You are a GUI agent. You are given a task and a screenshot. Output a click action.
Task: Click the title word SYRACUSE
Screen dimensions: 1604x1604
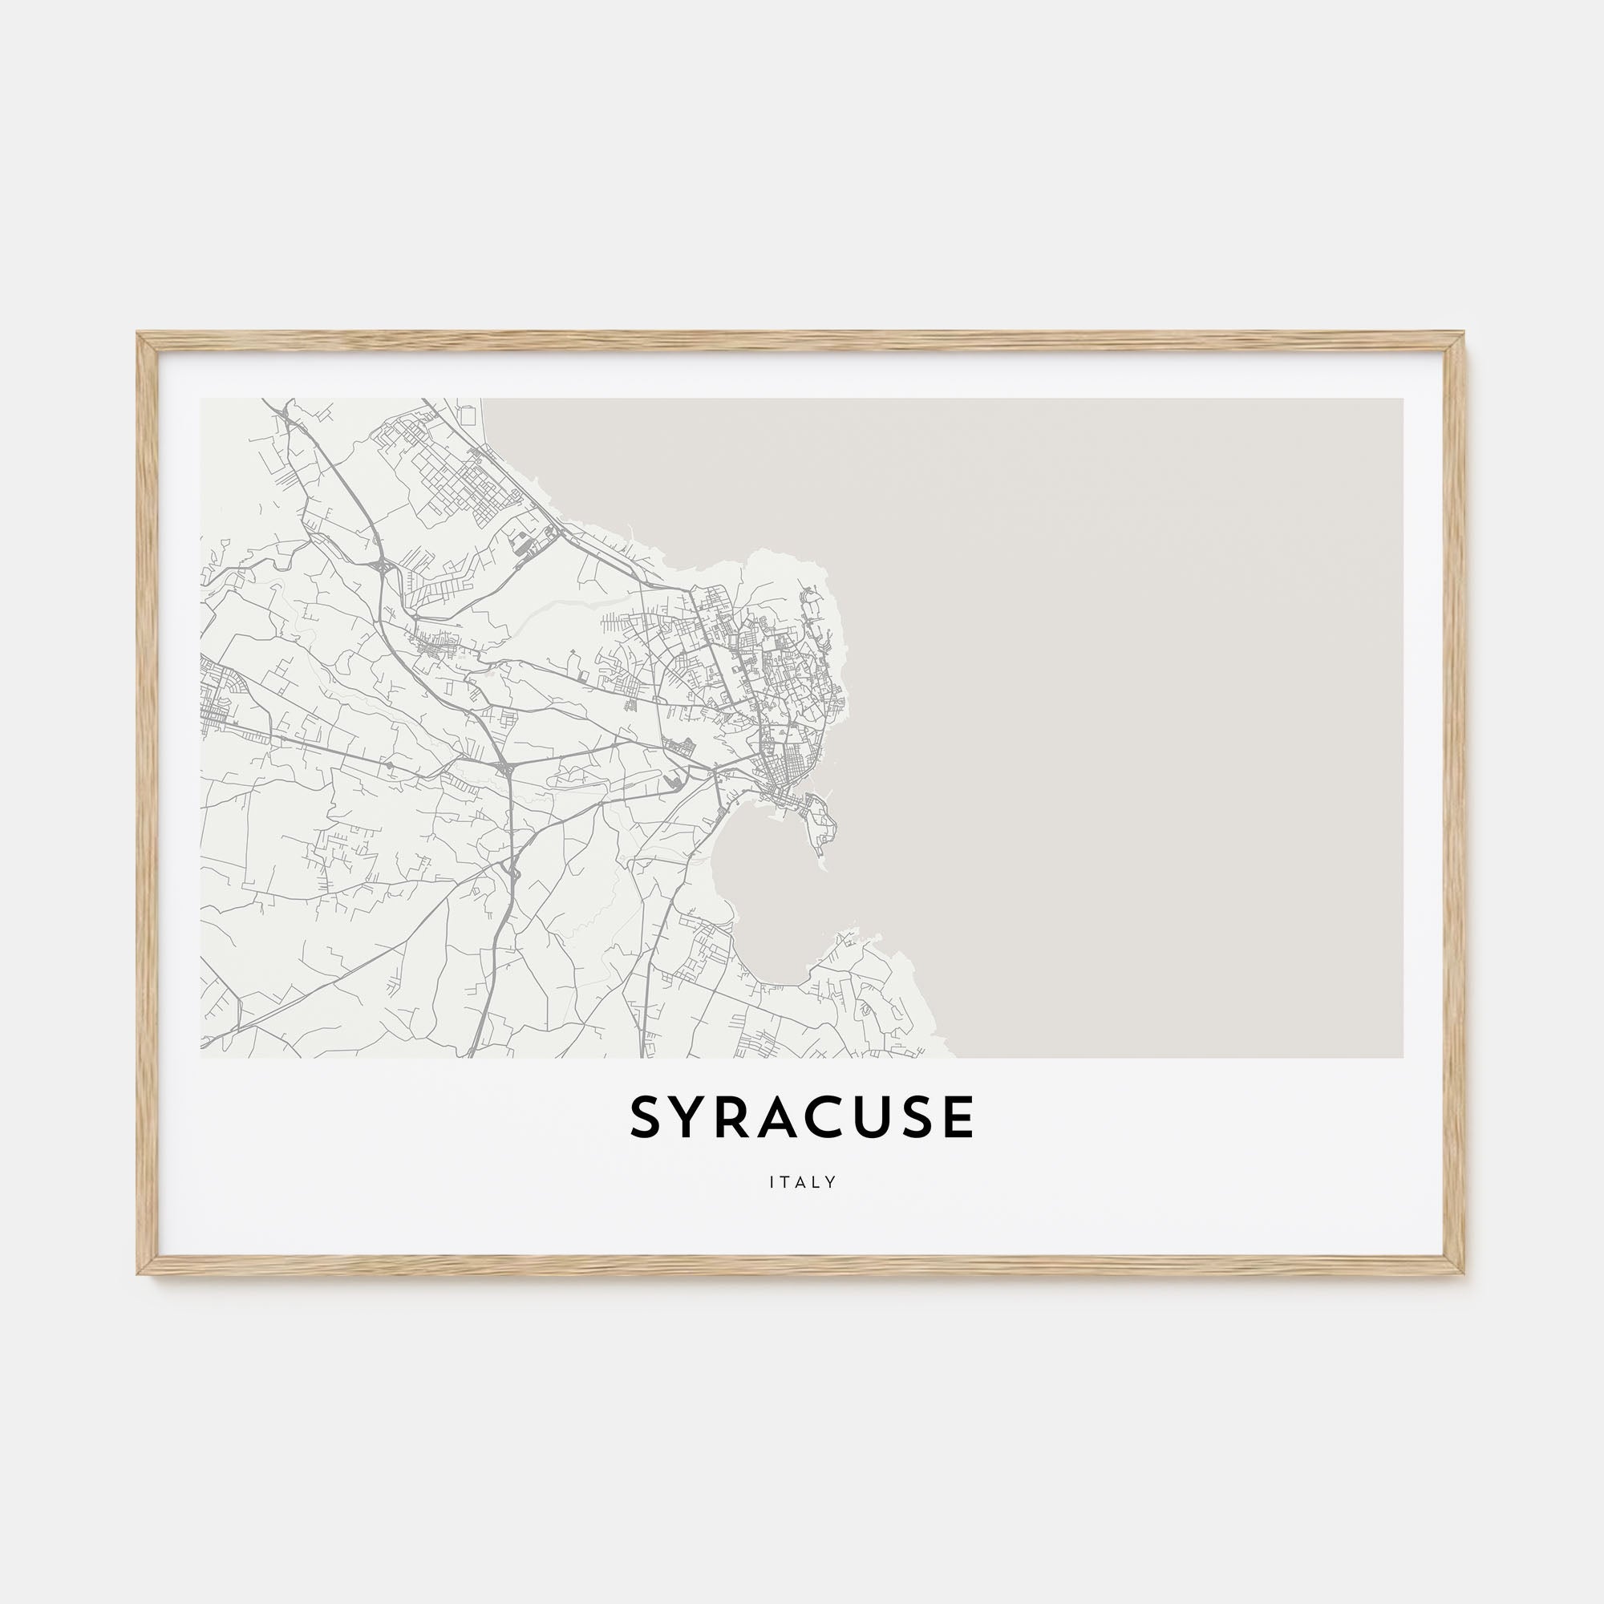(x=802, y=1118)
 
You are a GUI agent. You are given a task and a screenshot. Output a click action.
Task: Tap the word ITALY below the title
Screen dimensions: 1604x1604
(x=802, y=1182)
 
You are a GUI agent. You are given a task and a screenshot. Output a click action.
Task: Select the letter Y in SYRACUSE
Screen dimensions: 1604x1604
(x=691, y=1118)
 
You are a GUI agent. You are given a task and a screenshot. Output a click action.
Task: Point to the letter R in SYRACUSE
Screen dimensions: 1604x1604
(x=737, y=1118)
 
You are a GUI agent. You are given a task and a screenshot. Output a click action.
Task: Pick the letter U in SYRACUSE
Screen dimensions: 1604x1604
(x=876, y=1118)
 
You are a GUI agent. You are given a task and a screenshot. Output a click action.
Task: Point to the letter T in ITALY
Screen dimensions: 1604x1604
(x=786, y=1182)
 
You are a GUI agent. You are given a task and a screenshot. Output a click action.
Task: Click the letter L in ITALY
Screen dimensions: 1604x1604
(x=817, y=1182)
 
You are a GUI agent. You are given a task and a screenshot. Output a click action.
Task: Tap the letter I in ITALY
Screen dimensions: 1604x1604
(x=772, y=1182)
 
